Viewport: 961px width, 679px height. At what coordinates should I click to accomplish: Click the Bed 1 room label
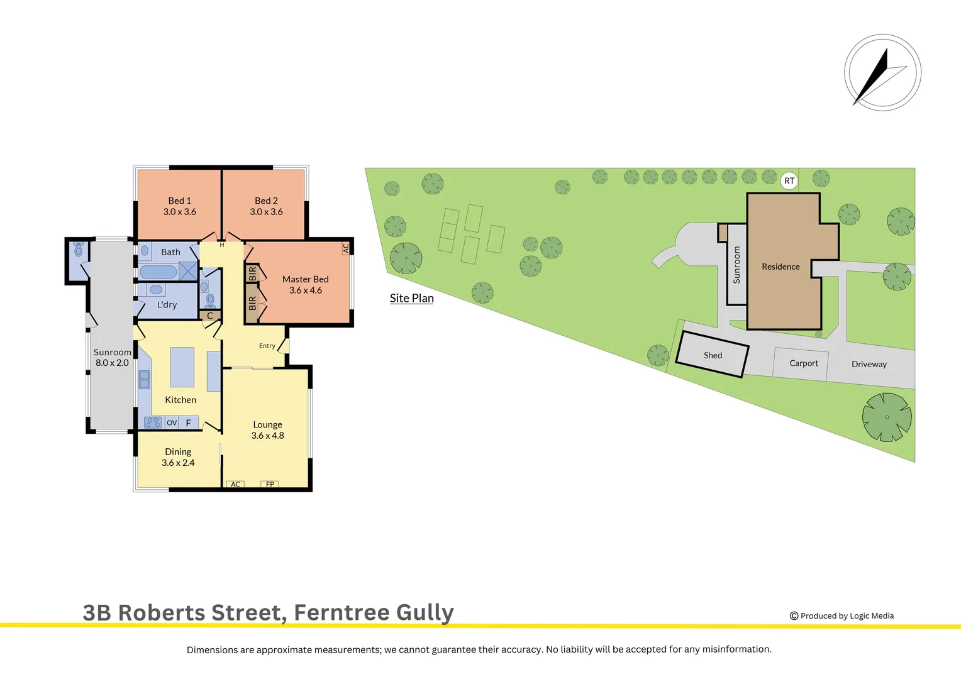[179, 201]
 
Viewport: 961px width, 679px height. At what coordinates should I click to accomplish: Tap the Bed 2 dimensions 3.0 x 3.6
[266, 212]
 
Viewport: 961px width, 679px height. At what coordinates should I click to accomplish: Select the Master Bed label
[305, 279]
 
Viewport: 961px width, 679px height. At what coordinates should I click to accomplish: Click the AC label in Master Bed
[345, 248]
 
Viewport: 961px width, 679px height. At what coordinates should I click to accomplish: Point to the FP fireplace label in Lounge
[270, 484]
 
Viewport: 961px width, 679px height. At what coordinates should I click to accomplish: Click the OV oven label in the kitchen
[172, 422]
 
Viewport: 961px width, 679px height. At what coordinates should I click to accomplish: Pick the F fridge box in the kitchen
[189, 422]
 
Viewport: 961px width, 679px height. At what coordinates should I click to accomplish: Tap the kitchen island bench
[182, 367]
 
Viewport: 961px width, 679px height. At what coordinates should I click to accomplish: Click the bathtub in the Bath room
[158, 272]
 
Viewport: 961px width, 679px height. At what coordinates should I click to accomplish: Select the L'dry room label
[167, 305]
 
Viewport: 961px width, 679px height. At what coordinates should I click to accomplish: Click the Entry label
[267, 346]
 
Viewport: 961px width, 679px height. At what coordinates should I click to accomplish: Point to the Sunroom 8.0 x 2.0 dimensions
[112, 363]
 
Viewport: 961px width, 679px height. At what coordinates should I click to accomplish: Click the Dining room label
[178, 451]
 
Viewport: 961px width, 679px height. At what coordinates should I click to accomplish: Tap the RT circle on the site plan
[789, 181]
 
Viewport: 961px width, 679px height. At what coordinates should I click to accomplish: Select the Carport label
[804, 363]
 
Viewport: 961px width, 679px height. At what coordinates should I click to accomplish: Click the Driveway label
[869, 364]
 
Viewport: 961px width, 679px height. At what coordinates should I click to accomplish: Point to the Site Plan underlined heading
[411, 298]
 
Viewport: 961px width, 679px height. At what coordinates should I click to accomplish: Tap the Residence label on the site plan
[780, 267]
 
